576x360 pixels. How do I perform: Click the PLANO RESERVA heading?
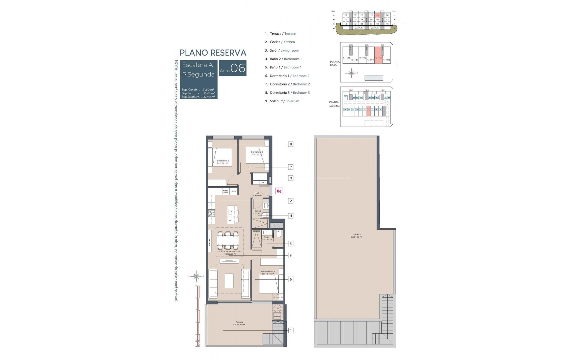(213, 53)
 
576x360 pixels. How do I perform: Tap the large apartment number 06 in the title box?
(238, 68)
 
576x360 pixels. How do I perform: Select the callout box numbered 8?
(290, 144)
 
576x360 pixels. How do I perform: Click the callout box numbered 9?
(290, 178)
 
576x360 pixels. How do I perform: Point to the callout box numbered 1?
(290, 331)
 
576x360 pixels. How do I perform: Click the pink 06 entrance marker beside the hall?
(279, 191)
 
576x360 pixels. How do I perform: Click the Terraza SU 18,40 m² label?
(239, 323)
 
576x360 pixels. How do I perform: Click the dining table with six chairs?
(228, 240)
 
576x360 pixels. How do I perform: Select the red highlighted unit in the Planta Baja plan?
(379, 55)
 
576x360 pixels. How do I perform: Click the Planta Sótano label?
(334, 104)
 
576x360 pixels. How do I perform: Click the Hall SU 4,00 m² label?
(256, 194)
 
